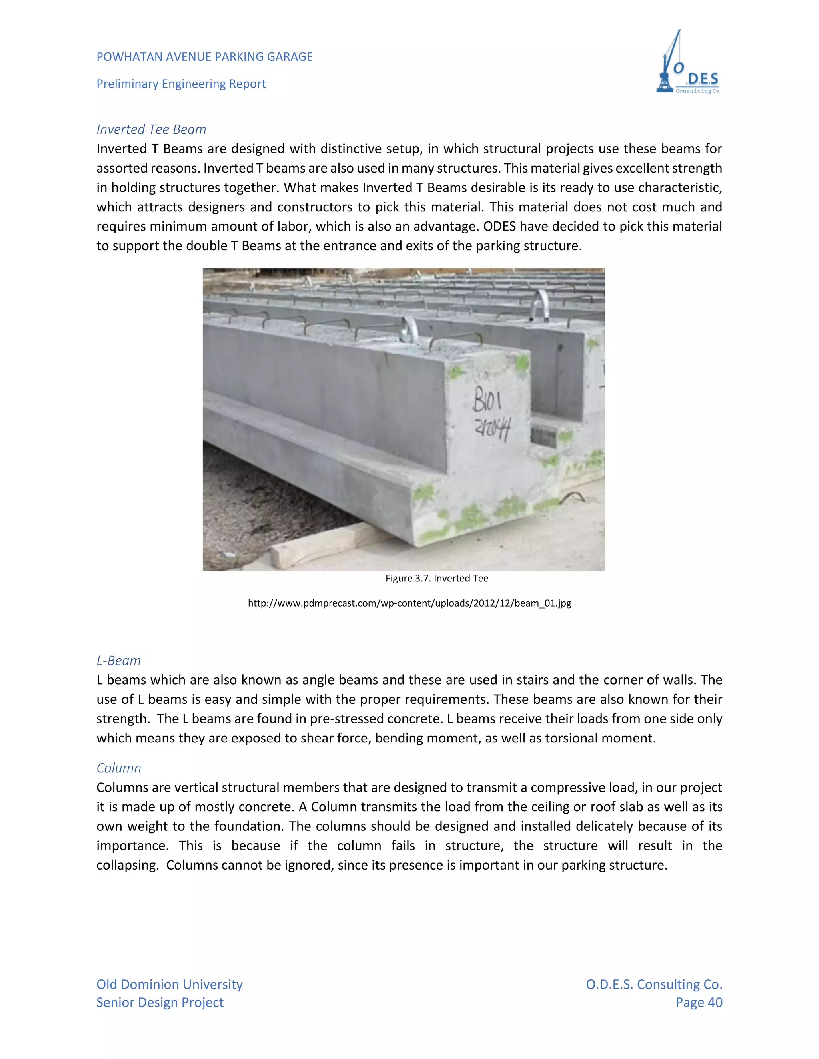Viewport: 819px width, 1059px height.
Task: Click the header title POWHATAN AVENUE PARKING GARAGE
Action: (204, 57)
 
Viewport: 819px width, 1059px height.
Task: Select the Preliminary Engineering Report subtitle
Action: (181, 84)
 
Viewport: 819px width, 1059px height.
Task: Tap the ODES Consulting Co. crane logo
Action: (687, 63)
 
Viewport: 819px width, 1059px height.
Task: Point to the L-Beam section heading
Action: (118, 661)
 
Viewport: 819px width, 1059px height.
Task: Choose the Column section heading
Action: (118, 768)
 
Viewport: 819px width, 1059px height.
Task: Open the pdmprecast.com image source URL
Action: (409, 603)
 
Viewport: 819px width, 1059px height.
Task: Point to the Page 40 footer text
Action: (699, 1002)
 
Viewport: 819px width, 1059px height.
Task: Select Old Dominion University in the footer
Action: (169, 984)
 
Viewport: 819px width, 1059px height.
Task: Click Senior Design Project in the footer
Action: (160, 1002)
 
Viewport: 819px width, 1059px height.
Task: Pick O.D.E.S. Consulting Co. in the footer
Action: (653, 984)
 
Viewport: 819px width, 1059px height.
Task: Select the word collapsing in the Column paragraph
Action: (127, 865)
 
